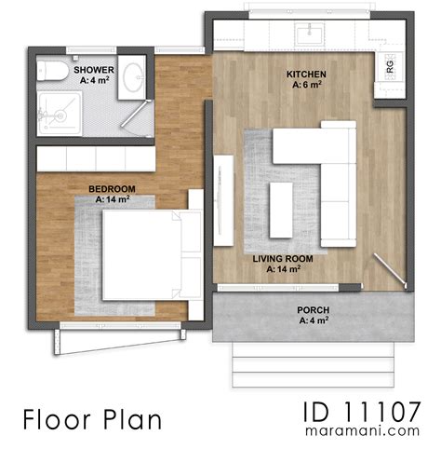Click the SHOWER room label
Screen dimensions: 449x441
coord(94,70)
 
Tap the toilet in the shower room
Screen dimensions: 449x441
coord(53,73)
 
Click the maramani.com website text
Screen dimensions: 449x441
coord(364,433)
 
